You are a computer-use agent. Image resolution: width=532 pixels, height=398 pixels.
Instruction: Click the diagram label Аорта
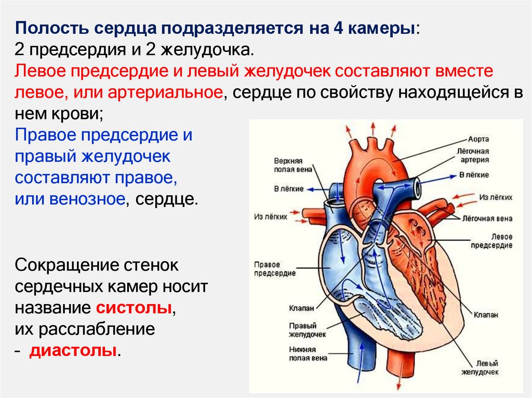tap(478, 140)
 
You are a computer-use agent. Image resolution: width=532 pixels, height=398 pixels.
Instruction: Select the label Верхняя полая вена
tap(288, 165)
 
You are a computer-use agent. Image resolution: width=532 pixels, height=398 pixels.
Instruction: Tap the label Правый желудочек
tap(303, 330)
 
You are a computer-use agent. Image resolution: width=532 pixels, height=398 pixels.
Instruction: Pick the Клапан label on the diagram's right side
tap(486, 314)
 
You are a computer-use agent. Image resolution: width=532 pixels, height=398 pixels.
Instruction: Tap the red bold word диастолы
tap(73, 350)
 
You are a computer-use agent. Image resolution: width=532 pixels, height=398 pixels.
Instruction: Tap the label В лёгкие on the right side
tap(474, 175)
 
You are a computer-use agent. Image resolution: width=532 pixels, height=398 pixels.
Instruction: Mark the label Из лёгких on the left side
tap(271, 217)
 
